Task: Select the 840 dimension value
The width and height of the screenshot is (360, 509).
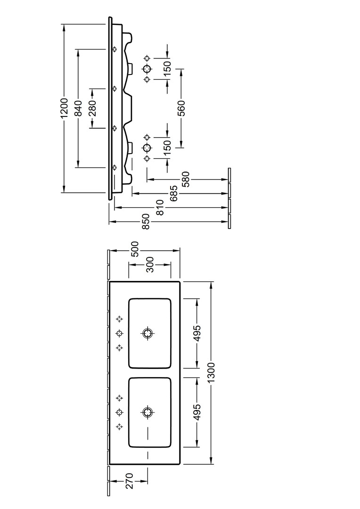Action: (x=79, y=108)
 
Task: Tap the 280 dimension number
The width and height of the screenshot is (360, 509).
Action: (x=92, y=108)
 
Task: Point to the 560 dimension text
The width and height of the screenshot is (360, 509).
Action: (x=182, y=108)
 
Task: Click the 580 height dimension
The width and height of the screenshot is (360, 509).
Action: (x=186, y=179)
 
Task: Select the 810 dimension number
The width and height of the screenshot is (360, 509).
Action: (x=160, y=208)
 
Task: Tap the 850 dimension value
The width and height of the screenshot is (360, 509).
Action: (x=146, y=222)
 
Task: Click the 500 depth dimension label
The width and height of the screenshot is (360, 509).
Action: (x=135, y=249)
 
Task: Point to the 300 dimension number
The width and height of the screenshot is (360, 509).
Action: (x=150, y=264)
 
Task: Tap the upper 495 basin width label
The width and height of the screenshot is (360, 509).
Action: (x=197, y=333)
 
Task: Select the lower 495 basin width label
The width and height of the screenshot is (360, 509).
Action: (x=197, y=412)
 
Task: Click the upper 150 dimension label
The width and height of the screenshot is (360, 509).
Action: (x=167, y=69)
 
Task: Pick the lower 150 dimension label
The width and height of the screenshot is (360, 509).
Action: (x=167, y=147)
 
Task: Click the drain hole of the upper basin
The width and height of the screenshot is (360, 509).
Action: (x=148, y=333)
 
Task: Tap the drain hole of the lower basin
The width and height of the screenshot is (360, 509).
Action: (x=148, y=412)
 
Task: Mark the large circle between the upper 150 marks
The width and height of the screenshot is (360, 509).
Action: (x=147, y=69)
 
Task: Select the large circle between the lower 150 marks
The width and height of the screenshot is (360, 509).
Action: (x=147, y=147)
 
